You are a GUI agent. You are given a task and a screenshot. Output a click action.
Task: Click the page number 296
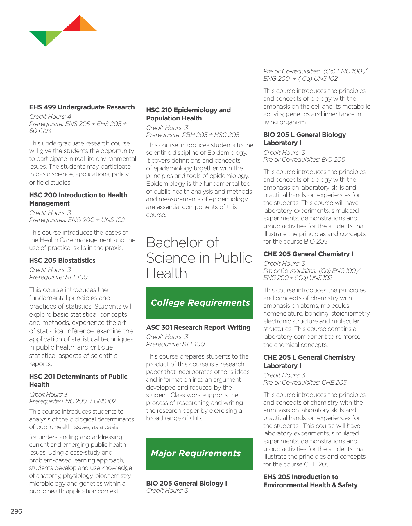pos(16,511)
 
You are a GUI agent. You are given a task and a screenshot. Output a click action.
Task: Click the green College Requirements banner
pos(200,303)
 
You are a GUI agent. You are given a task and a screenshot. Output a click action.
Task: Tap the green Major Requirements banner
pos(200,453)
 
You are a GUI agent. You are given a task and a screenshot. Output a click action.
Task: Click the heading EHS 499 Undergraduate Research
pos(82,107)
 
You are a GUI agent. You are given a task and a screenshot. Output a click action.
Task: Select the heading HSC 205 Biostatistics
pos(62,260)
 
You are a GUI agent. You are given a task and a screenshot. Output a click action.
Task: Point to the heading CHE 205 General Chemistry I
pos(308,254)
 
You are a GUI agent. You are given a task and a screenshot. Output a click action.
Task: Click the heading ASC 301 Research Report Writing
pos(198,327)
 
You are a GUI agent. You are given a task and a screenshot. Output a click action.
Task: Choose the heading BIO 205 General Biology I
pos(187,483)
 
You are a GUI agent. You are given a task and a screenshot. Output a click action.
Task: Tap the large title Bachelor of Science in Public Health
pos(199,258)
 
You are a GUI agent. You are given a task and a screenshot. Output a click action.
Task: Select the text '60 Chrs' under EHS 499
pos(40,131)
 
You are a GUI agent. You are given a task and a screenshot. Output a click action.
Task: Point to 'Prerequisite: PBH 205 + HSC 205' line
pos(193,135)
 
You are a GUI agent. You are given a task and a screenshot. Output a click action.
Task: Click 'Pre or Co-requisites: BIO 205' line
pos(304,160)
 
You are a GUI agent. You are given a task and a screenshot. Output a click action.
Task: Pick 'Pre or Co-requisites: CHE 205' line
pos(305,383)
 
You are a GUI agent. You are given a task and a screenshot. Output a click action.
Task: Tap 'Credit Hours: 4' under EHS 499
pos(50,117)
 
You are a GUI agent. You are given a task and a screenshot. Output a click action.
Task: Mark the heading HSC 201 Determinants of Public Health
pos(78,380)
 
